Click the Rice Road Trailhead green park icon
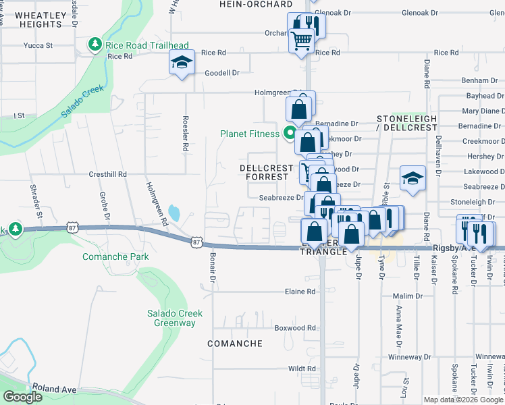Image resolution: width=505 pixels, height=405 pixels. (x=95, y=45)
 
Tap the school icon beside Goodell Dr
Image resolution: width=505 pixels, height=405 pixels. (x=181, y=63)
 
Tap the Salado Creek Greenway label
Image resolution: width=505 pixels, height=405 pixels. (x=171, y=318)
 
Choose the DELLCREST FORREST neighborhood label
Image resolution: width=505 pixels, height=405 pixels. (x=267, y=173)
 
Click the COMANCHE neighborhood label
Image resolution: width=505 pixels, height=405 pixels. (x=235, y=344)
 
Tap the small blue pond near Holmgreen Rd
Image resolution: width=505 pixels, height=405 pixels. (x=174, y=214)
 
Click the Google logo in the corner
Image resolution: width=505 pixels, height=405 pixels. (x=23, y=397)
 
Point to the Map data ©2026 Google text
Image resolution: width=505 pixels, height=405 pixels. (x=463, y=400)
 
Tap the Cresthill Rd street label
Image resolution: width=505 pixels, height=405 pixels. (x=108, y=173)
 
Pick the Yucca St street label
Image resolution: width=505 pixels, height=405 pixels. (x=38, y=46)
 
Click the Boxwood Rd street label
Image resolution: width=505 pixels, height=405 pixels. (x=295, y=328)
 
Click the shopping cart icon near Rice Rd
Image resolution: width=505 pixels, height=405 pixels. (x=301, y=41)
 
